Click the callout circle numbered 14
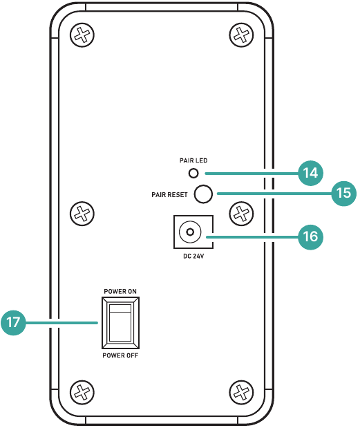click(x=310, y=173)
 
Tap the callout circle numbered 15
click(x=343, y=193)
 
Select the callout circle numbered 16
click(x=310, y=236)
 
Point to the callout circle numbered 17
click(x=13, y=323)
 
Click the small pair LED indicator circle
click(x=193, y=173)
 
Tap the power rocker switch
click(x=120, y=323)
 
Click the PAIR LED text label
click(x=193, y=160)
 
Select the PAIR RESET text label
click(x=169, y=194)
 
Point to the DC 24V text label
click(x=193, y=256)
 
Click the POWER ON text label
click(x=120, y=291)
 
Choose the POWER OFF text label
click(x=120, y=355)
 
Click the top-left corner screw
click(x=82, y=35)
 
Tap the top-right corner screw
click(x=241, y=35)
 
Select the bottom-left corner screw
click(x=82, y=392)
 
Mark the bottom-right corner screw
click(x=241, y=392)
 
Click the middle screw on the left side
click(x=82, y=214)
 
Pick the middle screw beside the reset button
click(x=241, y=214)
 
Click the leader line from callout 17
click(x=61, y=323)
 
